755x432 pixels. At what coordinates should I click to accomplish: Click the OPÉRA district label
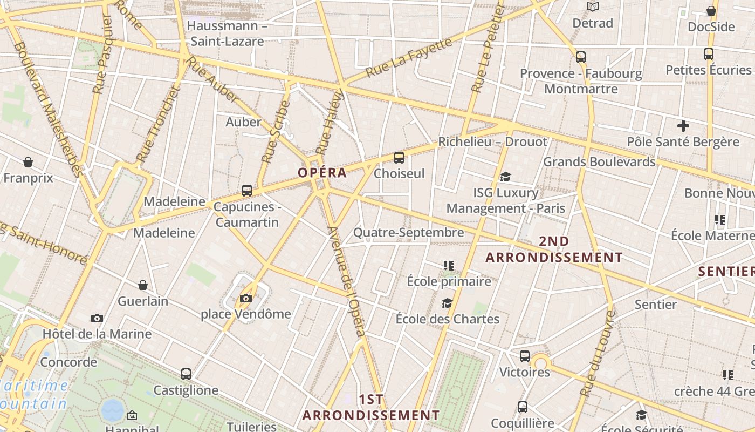pyautogui.click(x=322, y=173)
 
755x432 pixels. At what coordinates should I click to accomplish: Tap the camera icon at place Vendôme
pyautogui.click(x=245, y=298)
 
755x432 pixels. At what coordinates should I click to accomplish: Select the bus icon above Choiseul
pyautogui.click(x=399, y=158)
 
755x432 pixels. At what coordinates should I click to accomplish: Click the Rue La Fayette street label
pyautogui.click(x=409, y=57)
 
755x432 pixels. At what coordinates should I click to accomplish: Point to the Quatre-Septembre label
pyautogui.click(x=408, y=233)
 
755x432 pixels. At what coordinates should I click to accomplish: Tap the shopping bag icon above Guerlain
pyautogui.click(x=143, y=285)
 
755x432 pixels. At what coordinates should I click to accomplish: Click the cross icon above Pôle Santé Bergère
pyautogui.click(x=683, y=126)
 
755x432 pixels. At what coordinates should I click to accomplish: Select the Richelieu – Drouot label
pyautogui.click(x=492, y=142)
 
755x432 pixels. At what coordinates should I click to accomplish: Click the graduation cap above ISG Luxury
pyautogui.click(x=505, y=177)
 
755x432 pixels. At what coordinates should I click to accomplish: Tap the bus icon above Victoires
pyautogui.click(x=525, y=356)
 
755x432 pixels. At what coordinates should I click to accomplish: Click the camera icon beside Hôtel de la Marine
pyautogui.click(x=97, y=318)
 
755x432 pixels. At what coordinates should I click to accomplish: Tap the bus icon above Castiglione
pyautogui.click(x=186, y=374)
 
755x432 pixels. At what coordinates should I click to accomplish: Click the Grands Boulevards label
pyautogui.click(x=599, y=161)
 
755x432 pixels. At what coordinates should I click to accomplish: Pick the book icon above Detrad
pyautogui.click(x=593, y=7)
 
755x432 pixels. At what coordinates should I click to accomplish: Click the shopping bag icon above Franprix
pyautogui.click(x=28, y=162)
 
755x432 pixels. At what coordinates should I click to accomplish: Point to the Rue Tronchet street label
pyautogui.click(x=157, y=124)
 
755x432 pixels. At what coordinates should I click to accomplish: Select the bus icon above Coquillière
pyautogui.click(x=523, y=407)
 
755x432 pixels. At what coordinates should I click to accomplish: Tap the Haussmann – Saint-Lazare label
pyautogui.click(x=227, y=33)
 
